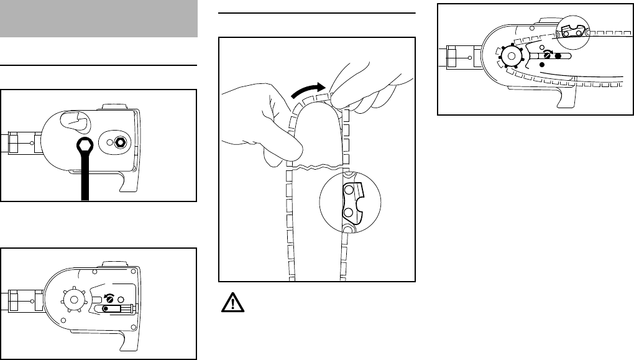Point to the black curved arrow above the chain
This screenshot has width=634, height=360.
pyautogui.click(x=306, y=90)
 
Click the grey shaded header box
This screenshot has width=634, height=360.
pyautogui.click(x=98, y=19)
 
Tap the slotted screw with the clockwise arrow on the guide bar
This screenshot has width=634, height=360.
pyautogui.click(x=546, y=56)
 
